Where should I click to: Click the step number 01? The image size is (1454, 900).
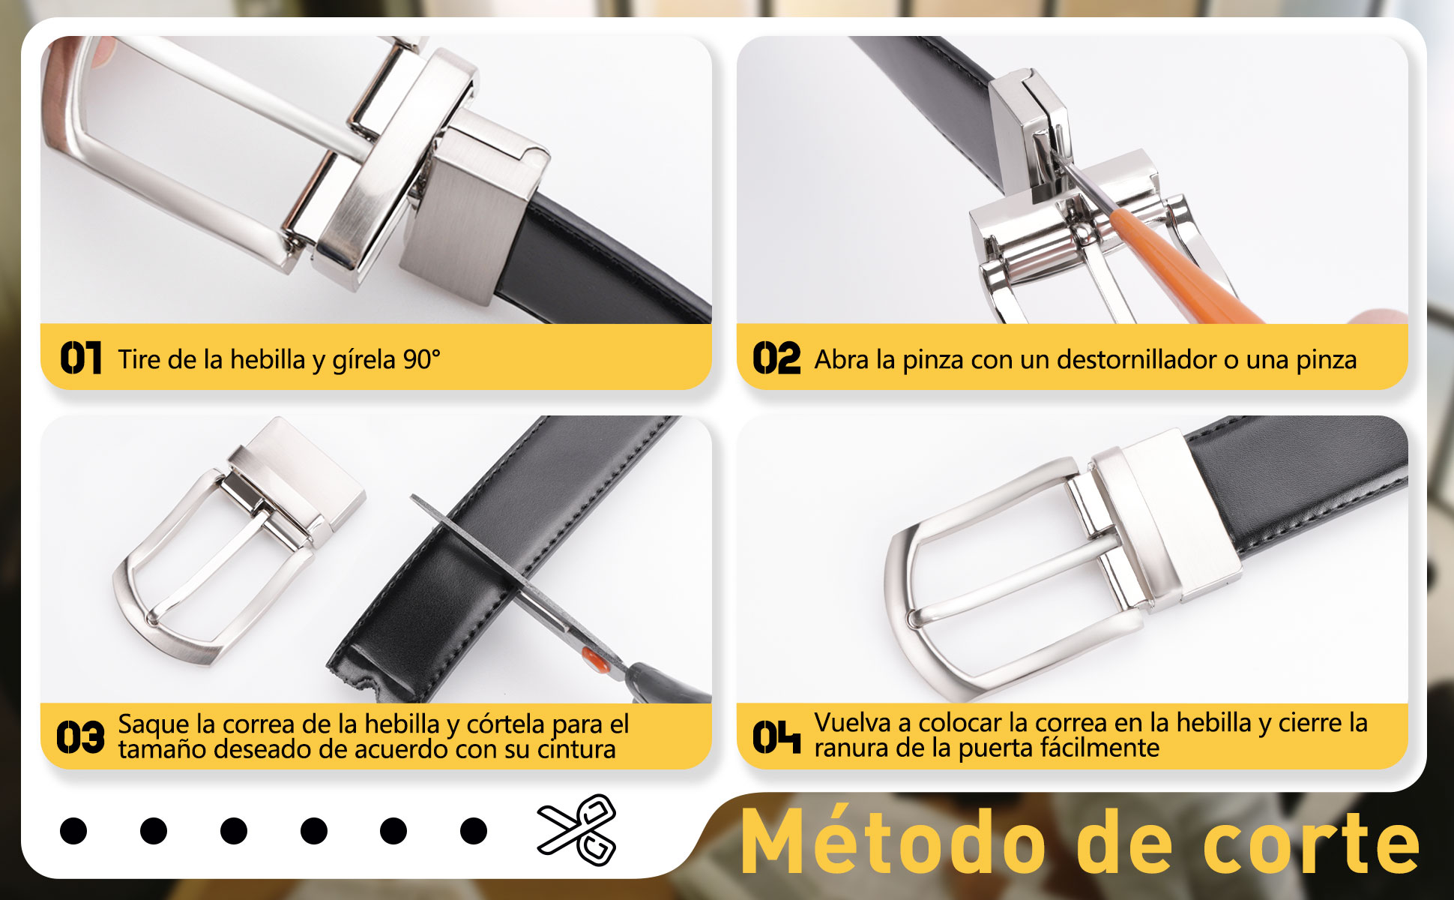(x=81, y=358)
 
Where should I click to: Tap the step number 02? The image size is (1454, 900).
(x=776, y=358)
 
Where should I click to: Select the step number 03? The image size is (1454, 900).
(x=80, y=736)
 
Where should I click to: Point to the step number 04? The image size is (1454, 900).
(x=776, y=736)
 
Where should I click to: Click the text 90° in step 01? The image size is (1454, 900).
(x=421, y=360)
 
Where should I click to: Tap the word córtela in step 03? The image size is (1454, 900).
(x=506, y=724)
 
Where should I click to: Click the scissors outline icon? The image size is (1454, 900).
(x=576, y=829)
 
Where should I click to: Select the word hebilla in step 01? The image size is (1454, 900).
(x=268, y=360)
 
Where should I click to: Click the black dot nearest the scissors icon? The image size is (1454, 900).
(x=474, y=831)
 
